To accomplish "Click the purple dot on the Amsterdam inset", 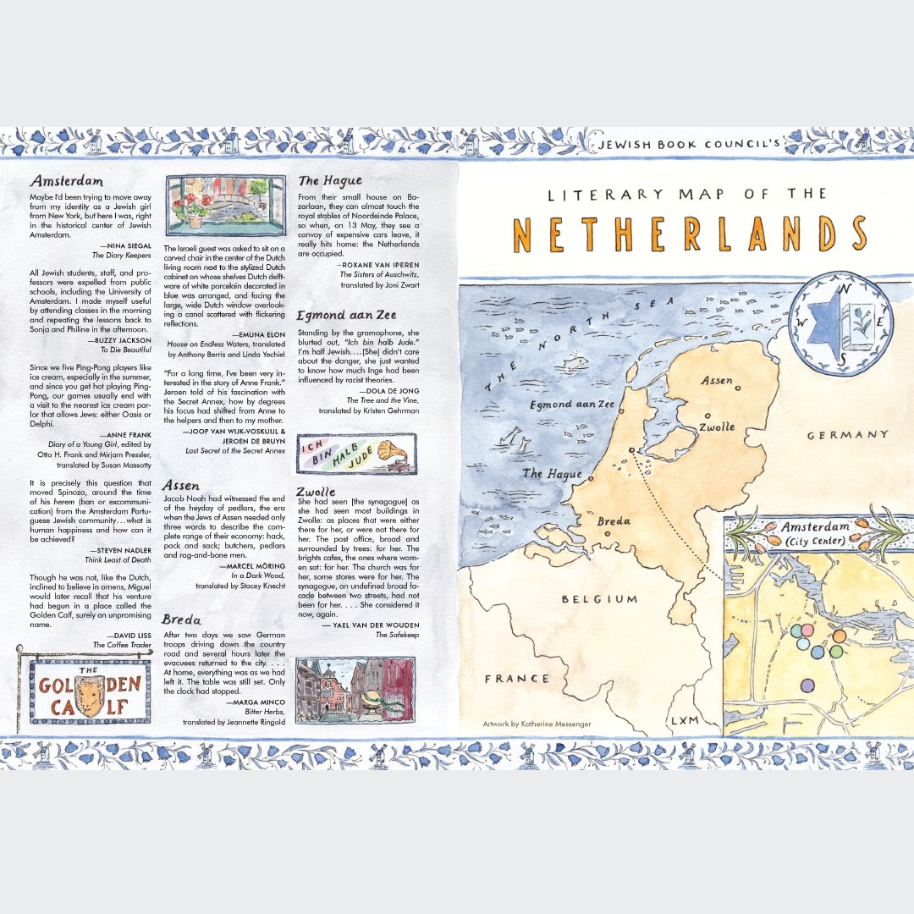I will click(x=807, y=685).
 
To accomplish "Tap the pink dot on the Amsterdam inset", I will click(x=807, y=630).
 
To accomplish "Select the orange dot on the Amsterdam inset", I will click(x=839, y=636).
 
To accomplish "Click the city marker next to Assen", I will click(x=739, y=388).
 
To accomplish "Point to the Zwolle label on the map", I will click(x=717, y=427).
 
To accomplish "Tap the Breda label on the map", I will click(x=614, y=521).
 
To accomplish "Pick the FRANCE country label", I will click(x=516, y=678).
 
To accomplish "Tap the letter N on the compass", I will click(x=840, y=289).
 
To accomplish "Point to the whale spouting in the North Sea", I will click(x=575, y=363).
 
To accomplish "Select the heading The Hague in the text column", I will click(x=330, y=180).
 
